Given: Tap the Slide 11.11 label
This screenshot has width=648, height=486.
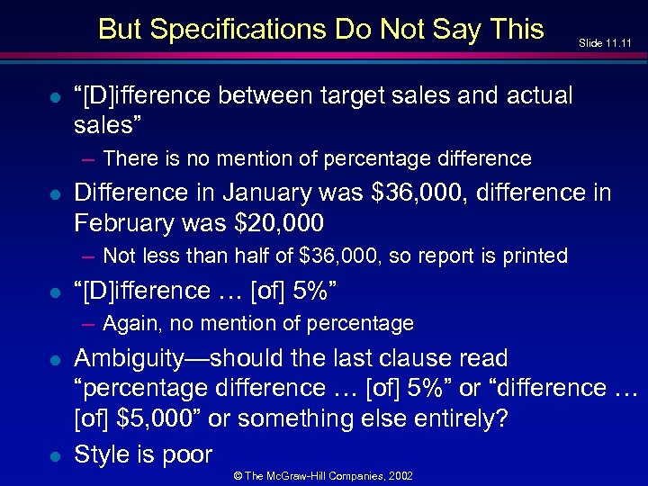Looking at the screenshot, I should pyautogui.click(x=605, y=42).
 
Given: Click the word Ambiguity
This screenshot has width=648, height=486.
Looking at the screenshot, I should pyautogui.click(x=130, y=358).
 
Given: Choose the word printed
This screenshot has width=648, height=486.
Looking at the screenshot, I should pyautogui.click(x=535, y=256).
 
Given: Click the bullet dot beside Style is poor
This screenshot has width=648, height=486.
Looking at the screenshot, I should pyautogui.click(x=55, y=455).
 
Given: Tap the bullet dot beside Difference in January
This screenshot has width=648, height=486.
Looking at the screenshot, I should pyautogui.click(x=55, y=193).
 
